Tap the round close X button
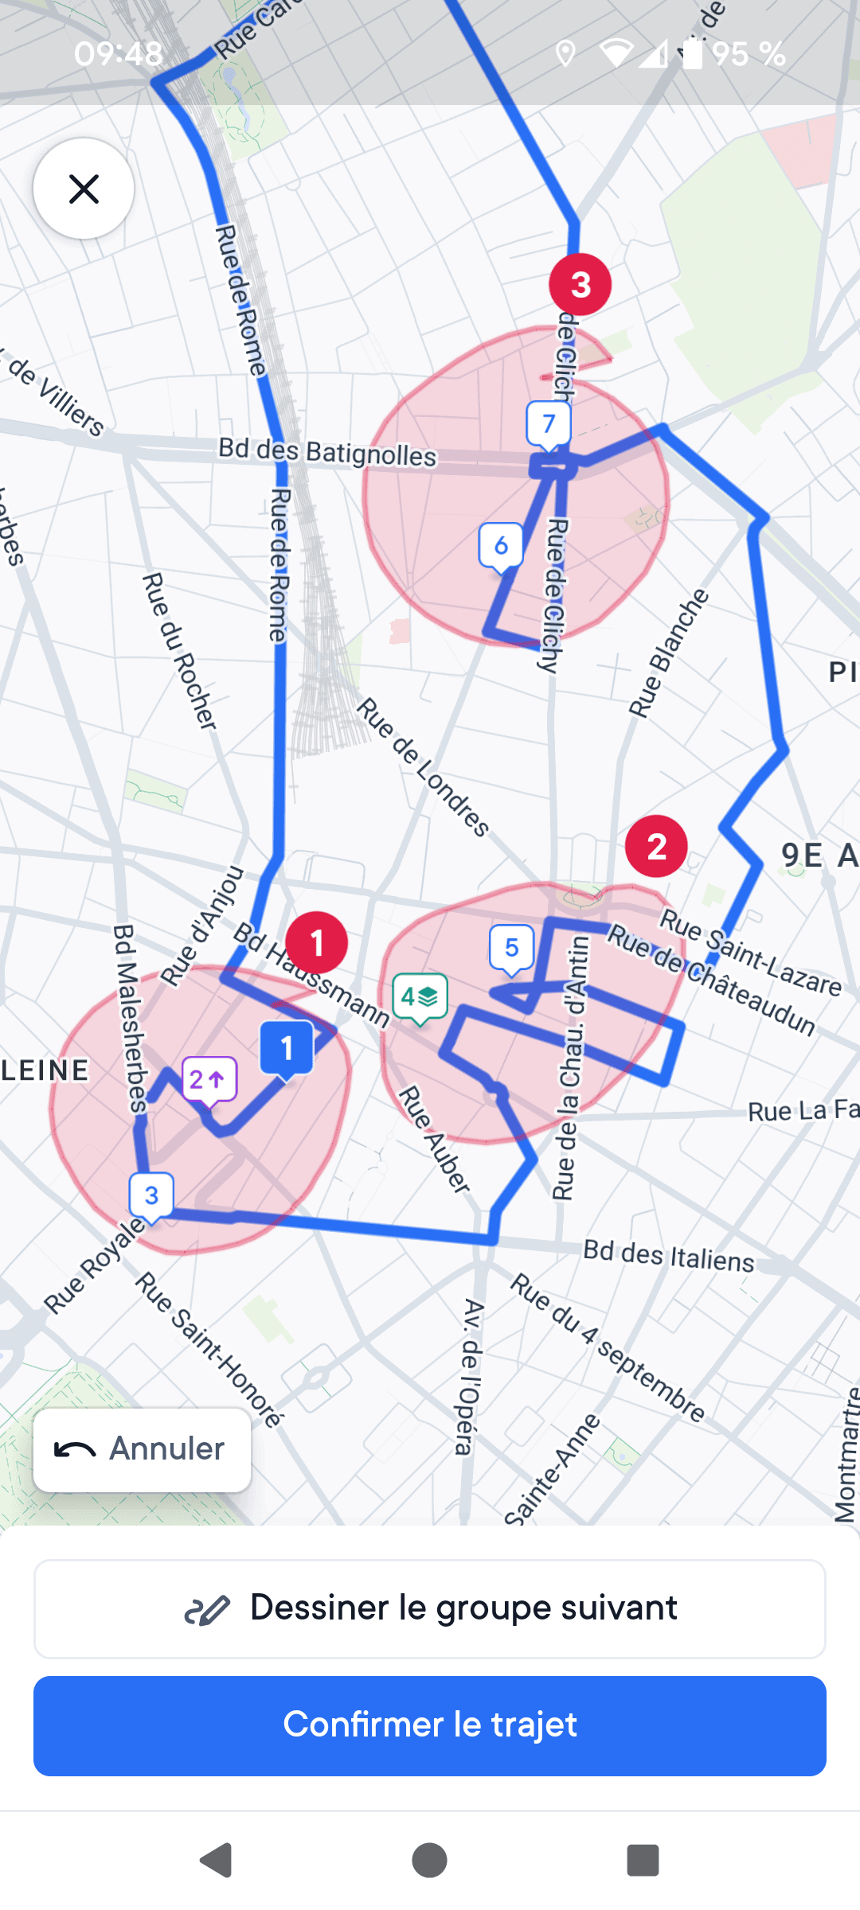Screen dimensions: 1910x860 pyautogui.click(x=84, y=189)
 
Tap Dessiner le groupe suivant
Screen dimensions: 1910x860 pyautogui.click(x=430, y=1608)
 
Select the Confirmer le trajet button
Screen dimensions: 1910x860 pyautogui.click(x=430, y=1725)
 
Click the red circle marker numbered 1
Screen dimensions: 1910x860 pyautogui.click(x=317, y=942)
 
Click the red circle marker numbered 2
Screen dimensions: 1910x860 pyautogui.click(x=656, y=846)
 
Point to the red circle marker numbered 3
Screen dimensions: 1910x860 pyautogui.click(x=580, y=284)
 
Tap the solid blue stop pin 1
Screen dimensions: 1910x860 pyautogui.click(x=287, y=1048)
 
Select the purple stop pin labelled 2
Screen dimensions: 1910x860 pyautogui.click(x=209, y=1080)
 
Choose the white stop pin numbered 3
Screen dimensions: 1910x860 pyautogui.click(x=151, y=1195)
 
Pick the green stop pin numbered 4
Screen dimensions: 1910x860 pyautogui.click(x=420, y=996)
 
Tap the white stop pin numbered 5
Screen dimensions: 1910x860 pyautogui.click(x=511, y=948)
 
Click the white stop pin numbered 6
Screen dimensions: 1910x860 pyautogui.click(x=501, y=546)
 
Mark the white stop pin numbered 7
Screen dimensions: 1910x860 pyautogui.click(x=549, y=424)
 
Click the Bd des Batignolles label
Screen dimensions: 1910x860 pyautogui.click(x=327, y=452)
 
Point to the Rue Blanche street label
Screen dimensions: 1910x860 pyautogui.click(x=668, y=653)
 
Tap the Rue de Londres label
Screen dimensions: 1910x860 pyautogui.click(x=423, y=766)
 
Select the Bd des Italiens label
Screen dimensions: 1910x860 pyautogui.click(x=668, y=1256)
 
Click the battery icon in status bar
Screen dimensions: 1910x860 pyautogui.click(x=693, y=53)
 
